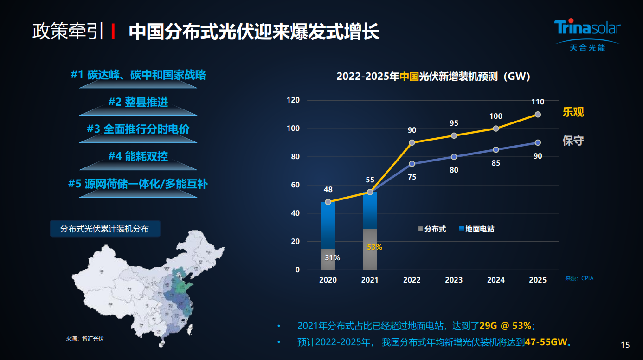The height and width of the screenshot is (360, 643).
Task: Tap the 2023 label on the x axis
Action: click(454, 280)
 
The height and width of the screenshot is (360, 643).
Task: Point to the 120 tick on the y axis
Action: click(293, 100)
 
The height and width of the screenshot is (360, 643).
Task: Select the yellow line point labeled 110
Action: click(538, 115)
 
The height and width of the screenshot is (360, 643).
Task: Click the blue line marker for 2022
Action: click(412, 164)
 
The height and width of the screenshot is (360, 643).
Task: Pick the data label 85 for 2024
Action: click(495, 163)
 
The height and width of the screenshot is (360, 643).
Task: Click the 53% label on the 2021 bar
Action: click(374, 247)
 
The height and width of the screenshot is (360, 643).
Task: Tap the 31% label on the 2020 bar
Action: click(332, 257)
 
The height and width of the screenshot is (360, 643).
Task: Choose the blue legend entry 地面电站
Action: click(476, 229)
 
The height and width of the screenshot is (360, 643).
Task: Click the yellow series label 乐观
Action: click(573, 112)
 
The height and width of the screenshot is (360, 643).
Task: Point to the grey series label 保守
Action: click(573, 141)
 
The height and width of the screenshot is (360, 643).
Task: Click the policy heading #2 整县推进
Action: click(138, 102)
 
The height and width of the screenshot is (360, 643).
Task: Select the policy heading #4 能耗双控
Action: click(138, 156)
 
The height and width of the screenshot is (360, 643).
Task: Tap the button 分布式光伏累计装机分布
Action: click(105, 229)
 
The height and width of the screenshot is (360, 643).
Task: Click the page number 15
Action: click(625, 345)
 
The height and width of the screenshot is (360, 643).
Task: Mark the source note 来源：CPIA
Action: click(579, 279)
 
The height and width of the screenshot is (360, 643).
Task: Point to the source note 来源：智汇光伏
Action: click(85, 339)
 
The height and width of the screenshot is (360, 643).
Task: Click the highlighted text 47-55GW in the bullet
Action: click(546, 342)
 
